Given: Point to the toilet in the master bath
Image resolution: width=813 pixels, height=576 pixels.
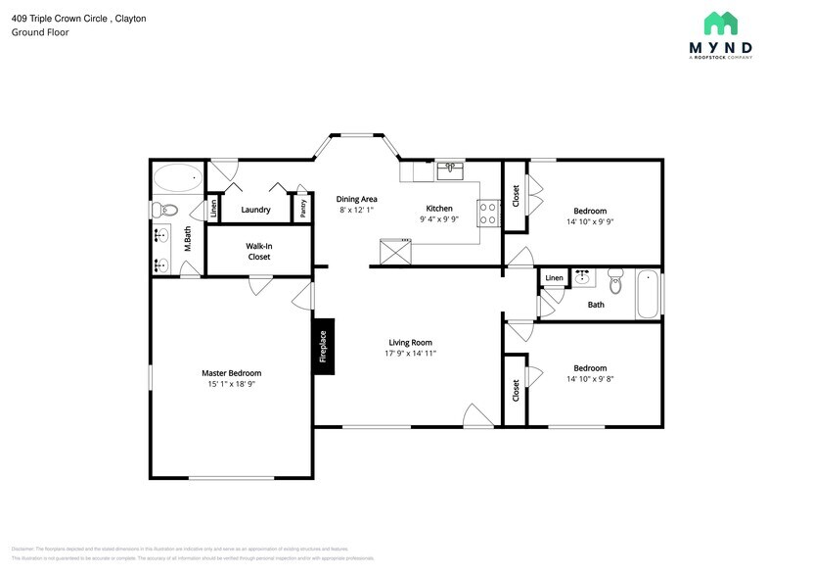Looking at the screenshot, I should click(167, 209).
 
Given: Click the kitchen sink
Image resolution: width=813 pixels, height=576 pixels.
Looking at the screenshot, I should click(449, 169).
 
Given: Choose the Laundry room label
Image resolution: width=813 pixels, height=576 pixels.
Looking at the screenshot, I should click(255, 210).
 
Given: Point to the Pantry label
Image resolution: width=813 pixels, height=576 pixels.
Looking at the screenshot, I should click(303, 208).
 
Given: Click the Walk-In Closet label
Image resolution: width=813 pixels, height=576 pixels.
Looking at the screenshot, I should click(258, 252).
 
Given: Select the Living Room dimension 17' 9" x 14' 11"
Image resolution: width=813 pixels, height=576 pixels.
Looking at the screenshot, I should click(410, 354).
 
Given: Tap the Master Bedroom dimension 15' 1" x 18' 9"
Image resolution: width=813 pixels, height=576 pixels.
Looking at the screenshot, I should click(231, 384).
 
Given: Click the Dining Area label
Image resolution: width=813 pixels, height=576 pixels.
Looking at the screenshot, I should click(357, 199).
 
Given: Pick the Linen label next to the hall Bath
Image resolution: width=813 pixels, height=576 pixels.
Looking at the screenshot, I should click(554, 278).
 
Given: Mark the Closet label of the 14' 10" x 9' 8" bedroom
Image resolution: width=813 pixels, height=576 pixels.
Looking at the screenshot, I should click(516, 390).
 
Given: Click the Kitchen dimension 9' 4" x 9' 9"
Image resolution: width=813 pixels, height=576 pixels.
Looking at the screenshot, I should click(438, 219).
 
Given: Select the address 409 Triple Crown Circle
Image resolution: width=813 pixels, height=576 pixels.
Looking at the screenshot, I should click(58, 18).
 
